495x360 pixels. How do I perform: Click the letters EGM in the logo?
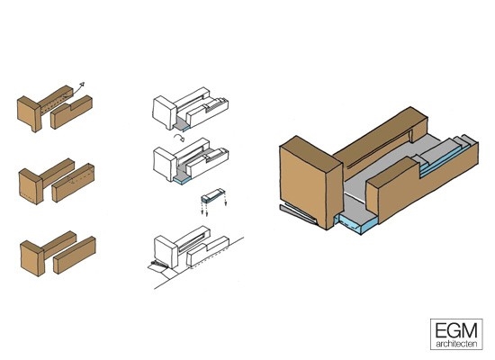tap(456, 330)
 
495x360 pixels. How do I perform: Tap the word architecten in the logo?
tap(456, 344)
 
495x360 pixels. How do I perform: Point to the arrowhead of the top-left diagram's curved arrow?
tap(82, 85)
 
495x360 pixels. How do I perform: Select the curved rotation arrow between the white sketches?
tap(179, 138)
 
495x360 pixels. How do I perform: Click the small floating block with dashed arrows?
tap(212, 195)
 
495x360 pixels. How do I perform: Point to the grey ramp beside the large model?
tap(297, 214)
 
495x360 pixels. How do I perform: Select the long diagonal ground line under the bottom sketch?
tap(199, 263)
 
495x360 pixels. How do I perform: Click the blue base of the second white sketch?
tap(182, 180)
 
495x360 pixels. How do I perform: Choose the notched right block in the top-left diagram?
tap(72, 112)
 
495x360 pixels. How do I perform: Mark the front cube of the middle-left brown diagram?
tap(31, 186)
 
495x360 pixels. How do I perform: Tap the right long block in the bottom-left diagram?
tap(75, 255)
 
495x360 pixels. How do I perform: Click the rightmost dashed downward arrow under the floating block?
tap(226, 200)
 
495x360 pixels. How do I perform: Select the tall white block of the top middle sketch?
tap(165, 112)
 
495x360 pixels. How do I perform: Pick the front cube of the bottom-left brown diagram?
tap(32, 258)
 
